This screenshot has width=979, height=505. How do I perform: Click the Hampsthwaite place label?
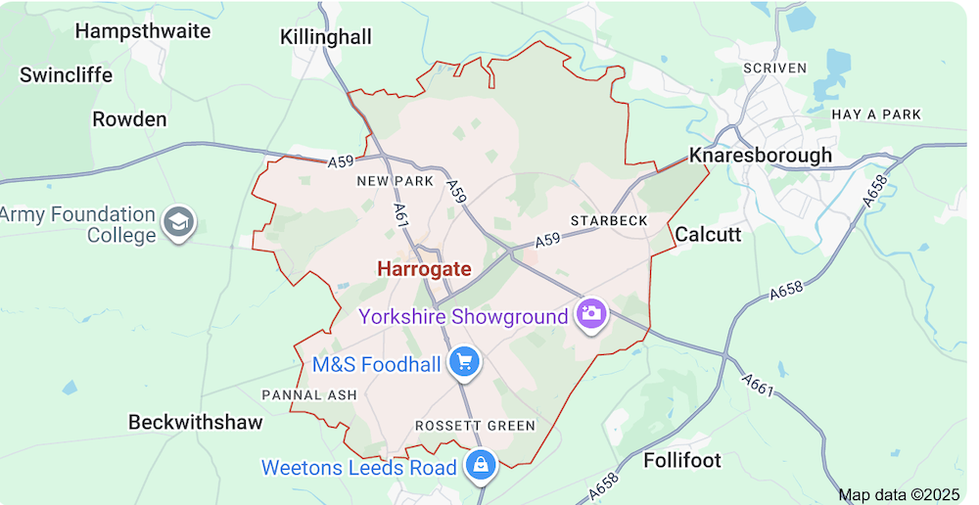coord(143,30)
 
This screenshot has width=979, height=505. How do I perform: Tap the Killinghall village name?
coord(325,37)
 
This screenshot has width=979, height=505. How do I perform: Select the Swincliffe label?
coord(67,74)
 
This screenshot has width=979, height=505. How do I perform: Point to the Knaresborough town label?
coord(761,155)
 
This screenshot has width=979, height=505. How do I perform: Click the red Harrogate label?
coord(424,269)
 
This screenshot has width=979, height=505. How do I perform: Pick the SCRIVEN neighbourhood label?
coord(775,68)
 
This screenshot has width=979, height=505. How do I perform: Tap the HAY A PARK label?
coord(876,115)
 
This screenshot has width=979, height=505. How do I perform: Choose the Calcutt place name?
coord(708,234)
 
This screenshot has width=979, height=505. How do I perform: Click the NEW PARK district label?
coord(395,181)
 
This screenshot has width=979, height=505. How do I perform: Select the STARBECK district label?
coord(609,220)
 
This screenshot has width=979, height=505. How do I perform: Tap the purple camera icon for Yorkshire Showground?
coord(591,314)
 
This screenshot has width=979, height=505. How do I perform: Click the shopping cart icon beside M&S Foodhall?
coord(464,362)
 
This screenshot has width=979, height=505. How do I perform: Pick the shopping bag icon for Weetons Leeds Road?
coord(481,465)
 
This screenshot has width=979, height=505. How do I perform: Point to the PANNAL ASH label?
coord(309,394)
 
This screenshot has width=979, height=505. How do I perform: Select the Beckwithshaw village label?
coord(196,422)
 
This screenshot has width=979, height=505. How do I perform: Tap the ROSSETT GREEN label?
coord(475,426)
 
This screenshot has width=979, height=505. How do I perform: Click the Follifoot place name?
coord(682,459)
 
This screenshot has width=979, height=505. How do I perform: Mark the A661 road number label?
coord(758,386)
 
